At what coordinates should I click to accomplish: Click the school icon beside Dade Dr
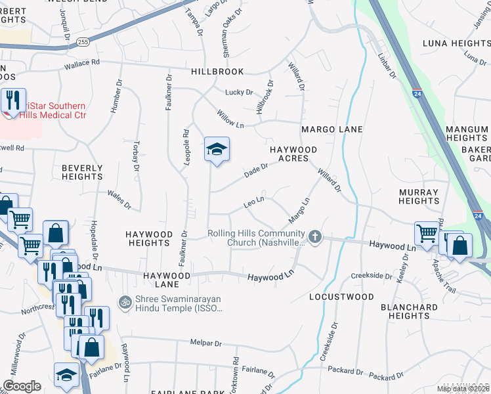[217, 150]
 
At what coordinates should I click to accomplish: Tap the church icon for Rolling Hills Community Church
[315, 236]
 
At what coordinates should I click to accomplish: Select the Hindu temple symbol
[123, 302]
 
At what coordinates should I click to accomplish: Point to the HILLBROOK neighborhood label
[217, 72]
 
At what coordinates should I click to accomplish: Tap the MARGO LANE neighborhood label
[331, 129]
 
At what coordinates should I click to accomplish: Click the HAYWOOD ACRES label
[293, 154]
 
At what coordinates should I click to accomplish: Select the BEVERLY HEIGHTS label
[82, 172]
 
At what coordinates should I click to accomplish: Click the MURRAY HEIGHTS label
[418, 196]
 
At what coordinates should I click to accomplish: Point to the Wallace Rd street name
[81, 64]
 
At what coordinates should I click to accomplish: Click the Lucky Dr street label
[239, 93]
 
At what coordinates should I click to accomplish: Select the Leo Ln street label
[253, 200]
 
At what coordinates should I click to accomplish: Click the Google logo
[22, 386]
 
